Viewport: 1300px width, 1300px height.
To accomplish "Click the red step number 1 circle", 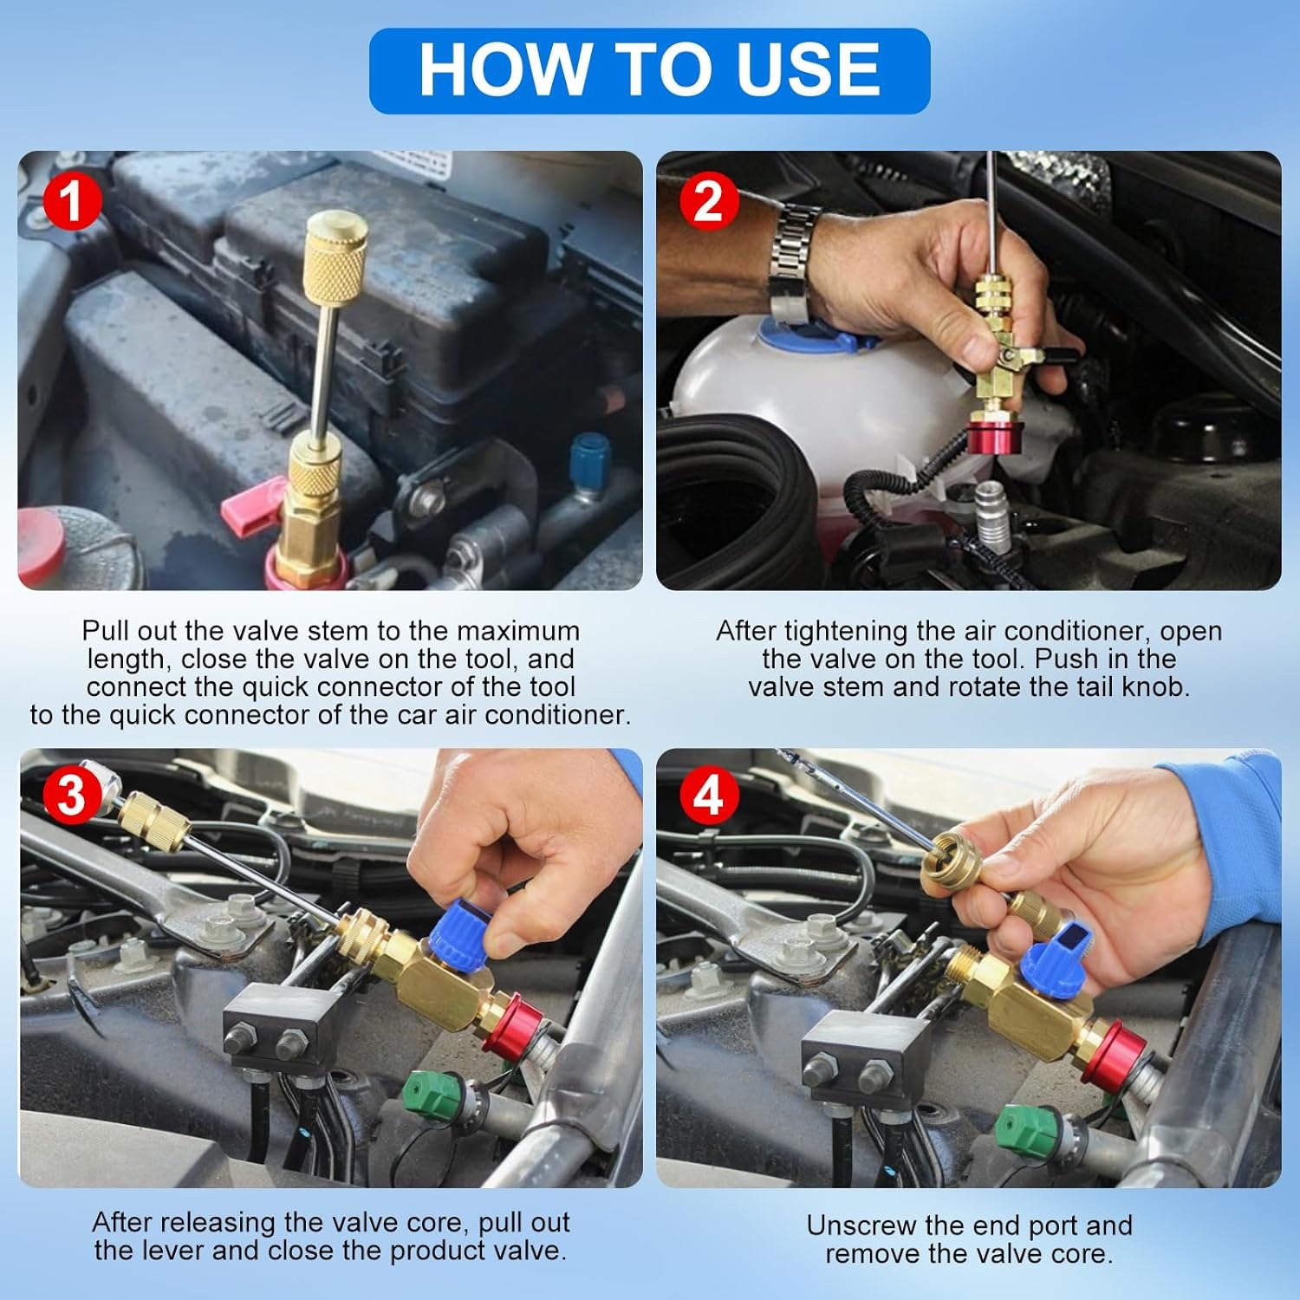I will [x=73, y=201].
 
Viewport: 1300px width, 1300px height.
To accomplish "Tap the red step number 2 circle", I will [x=709, y=201].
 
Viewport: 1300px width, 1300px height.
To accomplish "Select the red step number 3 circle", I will [x=71, y=795].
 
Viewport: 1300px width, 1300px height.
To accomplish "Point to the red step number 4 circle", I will [x=709, y=795].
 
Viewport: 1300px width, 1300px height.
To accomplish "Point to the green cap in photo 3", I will [x=434, y=1094].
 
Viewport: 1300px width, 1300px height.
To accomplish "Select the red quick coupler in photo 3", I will [x=515, y=1025].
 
